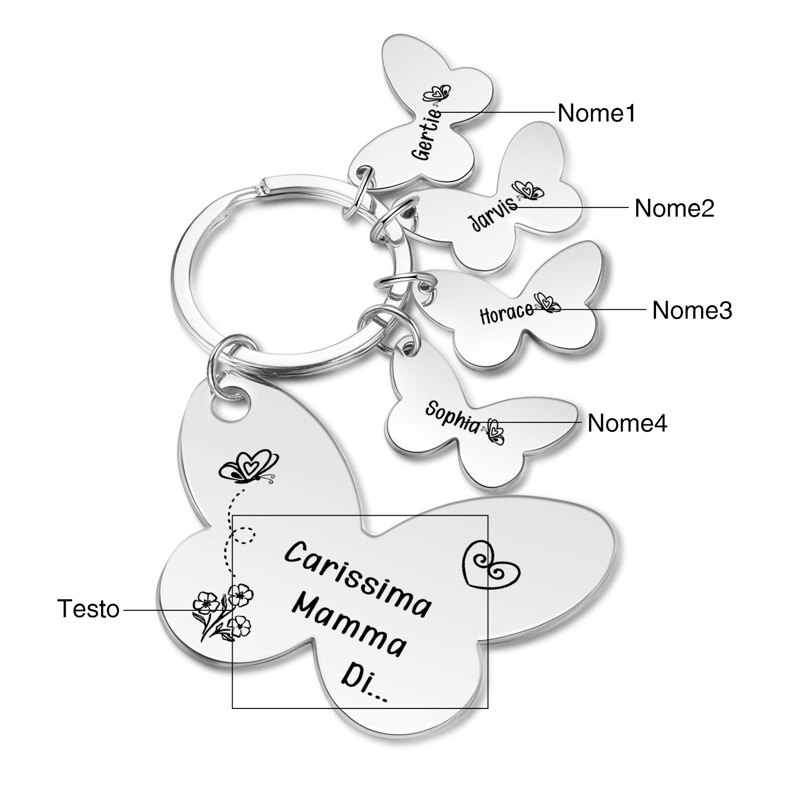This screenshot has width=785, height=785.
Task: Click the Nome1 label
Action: (x=597, y=113)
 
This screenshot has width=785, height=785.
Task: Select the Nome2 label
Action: (x=675, y=208)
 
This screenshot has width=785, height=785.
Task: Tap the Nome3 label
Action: (x=692, y=310)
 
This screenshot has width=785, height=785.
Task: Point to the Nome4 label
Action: (x=628, y=422)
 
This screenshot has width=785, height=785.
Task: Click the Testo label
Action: (x=89, y=609)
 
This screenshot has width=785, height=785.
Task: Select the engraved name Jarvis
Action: (x=494, y=214)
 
